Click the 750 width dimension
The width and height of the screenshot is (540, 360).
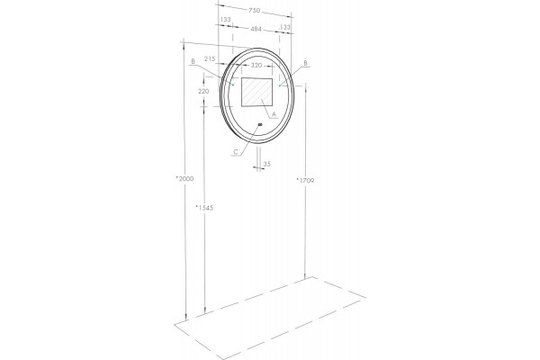(x=254, y=11)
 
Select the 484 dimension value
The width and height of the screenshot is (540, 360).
(x=256, y=30)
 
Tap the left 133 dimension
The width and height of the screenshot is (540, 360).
(x=225, y=20)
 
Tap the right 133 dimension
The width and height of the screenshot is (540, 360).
(x=285, y=27)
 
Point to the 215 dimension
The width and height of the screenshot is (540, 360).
(x=210, y=58)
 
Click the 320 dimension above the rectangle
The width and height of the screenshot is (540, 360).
(x=256, y=66)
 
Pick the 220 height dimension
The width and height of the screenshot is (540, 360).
(x=203, y=92)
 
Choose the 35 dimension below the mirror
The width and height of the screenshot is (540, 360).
(x=267, y=165)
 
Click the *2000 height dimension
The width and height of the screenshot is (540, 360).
(x=184, y=178)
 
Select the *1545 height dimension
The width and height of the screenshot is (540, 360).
(x=204, y=207)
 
